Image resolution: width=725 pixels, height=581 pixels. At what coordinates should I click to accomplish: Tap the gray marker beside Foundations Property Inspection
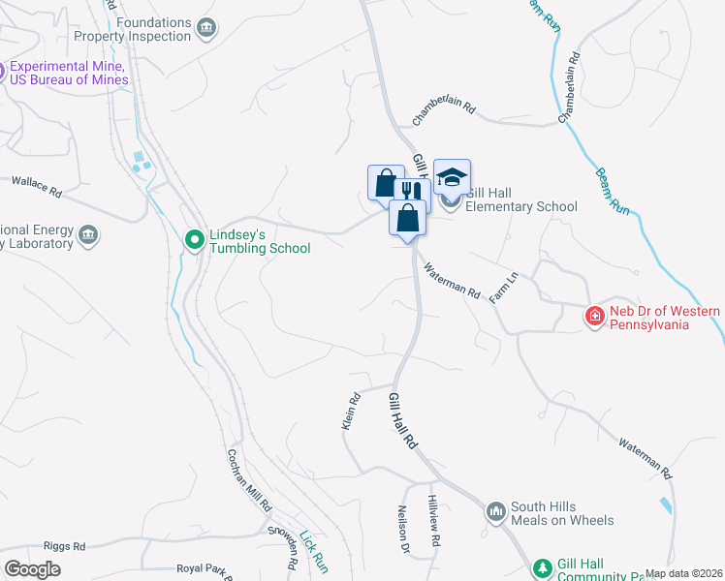pos(205,29)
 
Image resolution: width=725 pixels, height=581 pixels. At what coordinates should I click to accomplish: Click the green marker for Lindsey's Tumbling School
pos(194,237)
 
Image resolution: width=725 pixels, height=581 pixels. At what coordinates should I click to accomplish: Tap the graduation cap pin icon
pos(452,178)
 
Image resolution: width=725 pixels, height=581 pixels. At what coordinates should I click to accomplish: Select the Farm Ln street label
pos(504,289)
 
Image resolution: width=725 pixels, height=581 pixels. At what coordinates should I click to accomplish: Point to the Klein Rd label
pos(351,411)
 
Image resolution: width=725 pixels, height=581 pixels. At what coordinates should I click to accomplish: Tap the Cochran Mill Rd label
pos(250,480)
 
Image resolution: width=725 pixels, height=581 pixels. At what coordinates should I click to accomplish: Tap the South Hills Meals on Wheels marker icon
pos(495,510)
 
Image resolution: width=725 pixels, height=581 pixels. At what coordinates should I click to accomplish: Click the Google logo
pos(32,569)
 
